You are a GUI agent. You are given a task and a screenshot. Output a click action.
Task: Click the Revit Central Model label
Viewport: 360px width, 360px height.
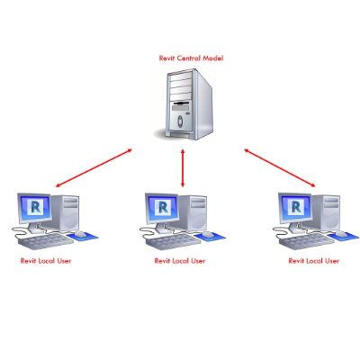click(x=191, y=58)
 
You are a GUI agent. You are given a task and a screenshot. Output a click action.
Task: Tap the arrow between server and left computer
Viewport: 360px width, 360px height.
click(x=94, y=167)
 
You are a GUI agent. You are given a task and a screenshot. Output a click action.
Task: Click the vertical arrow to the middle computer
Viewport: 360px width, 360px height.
click(x=183, y=168)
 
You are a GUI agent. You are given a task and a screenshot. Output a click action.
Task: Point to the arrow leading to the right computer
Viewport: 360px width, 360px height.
click(x=280, y=167)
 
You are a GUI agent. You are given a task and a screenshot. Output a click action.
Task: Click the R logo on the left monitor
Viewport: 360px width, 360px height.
click(x=36, y=206)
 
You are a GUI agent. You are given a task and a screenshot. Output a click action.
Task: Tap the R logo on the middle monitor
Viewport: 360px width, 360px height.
click(x=163, y=206)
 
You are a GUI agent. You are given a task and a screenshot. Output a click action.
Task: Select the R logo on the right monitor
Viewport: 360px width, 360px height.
click(x=296, y=206)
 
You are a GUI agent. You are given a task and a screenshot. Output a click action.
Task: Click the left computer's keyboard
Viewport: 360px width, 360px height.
click(x=46, y=241)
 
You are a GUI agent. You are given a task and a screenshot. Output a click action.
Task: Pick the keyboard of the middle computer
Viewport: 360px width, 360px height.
click(x=174, y=241)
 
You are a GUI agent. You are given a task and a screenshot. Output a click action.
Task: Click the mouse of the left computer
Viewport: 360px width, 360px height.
click(x=80, y=234)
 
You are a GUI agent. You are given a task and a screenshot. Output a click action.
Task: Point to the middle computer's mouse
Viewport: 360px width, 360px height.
click(x=207, y=234)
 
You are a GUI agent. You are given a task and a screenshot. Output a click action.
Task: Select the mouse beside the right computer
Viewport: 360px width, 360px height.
click(x=340, y=234)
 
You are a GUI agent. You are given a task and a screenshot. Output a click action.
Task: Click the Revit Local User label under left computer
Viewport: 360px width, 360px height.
click(x=46, y=261)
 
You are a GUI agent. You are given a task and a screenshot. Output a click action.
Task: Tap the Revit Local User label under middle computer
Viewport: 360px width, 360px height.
click(x=180, y=261)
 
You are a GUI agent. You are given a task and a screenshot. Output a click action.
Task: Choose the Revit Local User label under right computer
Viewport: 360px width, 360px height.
click(x=314, y=261)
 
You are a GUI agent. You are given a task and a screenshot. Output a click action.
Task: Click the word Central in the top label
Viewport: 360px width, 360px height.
click(x=189, y=58)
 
